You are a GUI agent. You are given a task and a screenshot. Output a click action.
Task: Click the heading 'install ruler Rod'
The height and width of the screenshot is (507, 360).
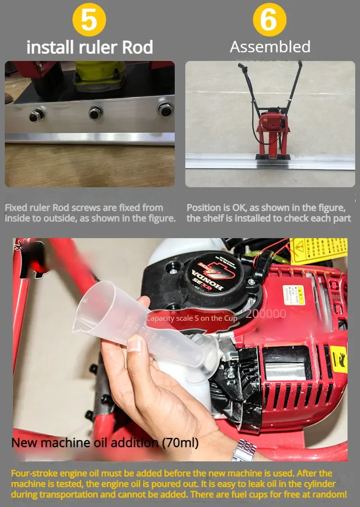(x=90, y=48)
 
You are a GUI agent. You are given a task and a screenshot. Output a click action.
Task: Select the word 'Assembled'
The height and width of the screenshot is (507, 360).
(x=270, y=47)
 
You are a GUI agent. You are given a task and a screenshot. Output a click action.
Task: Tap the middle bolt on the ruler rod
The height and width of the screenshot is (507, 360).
(x=96, y=113)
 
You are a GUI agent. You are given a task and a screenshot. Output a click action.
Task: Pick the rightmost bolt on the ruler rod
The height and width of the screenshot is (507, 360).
(x=165, y=109)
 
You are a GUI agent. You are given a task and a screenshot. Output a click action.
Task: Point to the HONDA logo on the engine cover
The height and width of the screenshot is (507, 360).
(x=207, y=281)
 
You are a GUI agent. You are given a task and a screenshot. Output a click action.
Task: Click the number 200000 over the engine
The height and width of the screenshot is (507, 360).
(x=266, y=314)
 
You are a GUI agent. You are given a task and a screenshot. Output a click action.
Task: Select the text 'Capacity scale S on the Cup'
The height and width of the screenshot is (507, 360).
(x=191, y=318)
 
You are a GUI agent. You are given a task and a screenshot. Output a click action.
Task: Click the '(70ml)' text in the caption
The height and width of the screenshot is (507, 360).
(x=179, y=442)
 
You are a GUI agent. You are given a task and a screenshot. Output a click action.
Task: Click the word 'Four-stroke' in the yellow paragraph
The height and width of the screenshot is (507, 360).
(x=33, y=473)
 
